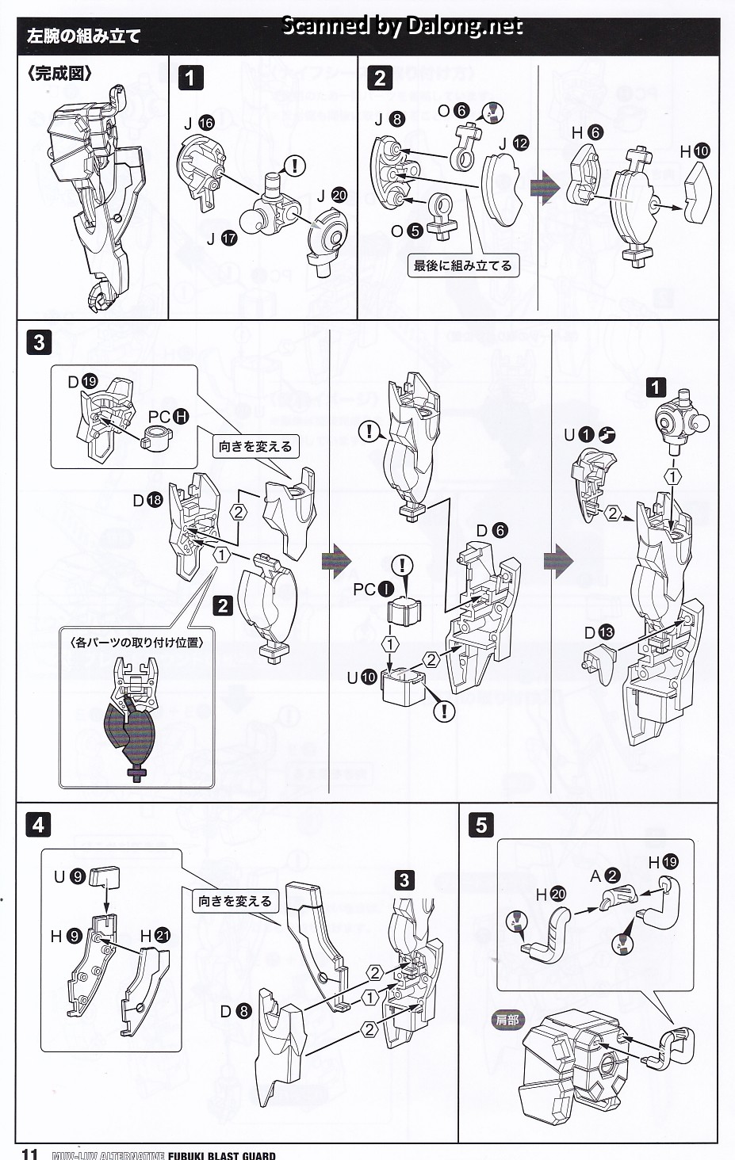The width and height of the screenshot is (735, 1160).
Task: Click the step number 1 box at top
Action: (x=190, y=77)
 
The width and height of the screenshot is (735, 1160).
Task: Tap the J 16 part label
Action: (x=199, y=123)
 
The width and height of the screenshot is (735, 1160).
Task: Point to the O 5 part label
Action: (x=407, y=231)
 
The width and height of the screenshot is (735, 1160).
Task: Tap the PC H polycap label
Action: (x=168, y=416)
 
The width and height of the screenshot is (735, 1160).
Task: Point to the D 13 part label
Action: (x=599, y=632)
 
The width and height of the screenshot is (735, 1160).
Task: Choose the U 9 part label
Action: (x=69, y=876)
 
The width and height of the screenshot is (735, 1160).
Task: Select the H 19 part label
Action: (x=663, y=862)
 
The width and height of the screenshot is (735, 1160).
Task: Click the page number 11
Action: (x=29, y=1153)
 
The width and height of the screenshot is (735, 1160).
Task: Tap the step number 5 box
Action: (x=481, y=825)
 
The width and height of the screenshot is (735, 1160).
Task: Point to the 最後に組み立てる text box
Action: (x=462, y=265)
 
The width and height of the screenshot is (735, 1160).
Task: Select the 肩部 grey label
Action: (x=507, y=1020)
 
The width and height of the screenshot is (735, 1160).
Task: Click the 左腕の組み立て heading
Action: (x=83, y=36)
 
